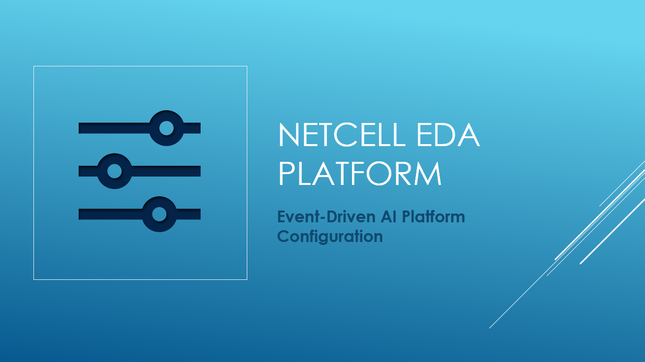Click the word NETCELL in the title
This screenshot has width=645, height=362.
(x=342, y=135)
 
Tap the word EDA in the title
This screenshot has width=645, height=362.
(x=448, y=135)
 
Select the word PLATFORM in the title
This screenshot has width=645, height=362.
(x=360, y=173)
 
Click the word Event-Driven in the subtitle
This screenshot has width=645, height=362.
(x=326, y=216)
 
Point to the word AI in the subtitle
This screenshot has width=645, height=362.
(x=388, y=216)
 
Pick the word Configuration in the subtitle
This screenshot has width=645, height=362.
(x=330, y=237)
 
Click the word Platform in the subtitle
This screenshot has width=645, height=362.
(x=434, y=216)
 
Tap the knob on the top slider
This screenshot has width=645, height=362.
(x=166, y=128)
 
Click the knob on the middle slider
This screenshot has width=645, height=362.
(x=115, y=171)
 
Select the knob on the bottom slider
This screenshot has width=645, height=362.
(x=159, y=214)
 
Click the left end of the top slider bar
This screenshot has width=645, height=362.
(x=79, y=128)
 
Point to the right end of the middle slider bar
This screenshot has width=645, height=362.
(x=201, y=171)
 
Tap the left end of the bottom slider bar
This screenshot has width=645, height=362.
(x=79, y=214)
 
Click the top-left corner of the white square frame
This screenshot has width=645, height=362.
(x=34, y=66)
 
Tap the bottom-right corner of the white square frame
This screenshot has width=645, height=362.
(x=247, y=279)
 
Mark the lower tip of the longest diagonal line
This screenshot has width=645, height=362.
(x=490, y=328)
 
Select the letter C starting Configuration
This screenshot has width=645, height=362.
(x=283, y=236)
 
